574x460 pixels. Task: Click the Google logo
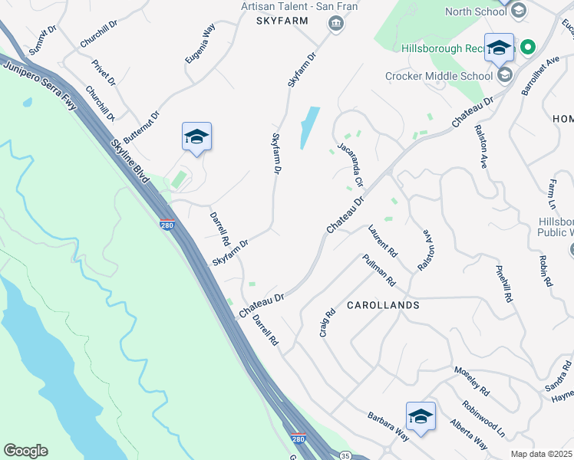point(25,451)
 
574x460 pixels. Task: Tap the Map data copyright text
point(542,454)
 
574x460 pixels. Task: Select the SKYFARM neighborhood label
point(282,21)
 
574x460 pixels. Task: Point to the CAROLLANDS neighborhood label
point(383,305)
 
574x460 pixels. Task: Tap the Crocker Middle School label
point(439,76)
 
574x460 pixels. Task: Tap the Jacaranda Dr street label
point(349,162)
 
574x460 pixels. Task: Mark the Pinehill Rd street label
point(503,284)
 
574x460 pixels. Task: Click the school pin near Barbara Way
point(421,416)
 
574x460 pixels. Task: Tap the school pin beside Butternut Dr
point(196,136)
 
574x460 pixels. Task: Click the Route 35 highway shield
point(345,456)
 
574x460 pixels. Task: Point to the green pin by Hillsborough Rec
point(527,48)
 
